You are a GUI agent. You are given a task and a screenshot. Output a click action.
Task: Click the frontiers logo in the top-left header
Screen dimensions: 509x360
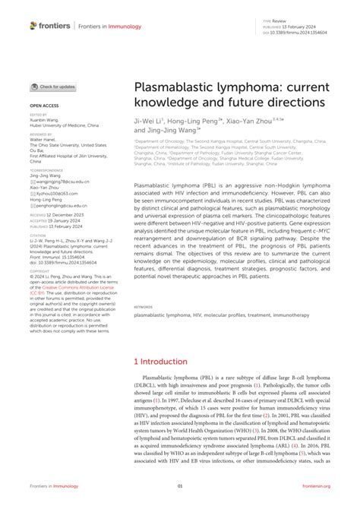50,25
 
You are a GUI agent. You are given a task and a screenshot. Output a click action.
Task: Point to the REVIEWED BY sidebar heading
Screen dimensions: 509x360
41,133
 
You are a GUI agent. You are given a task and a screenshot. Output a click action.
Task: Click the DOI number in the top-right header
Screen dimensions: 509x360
304,33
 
